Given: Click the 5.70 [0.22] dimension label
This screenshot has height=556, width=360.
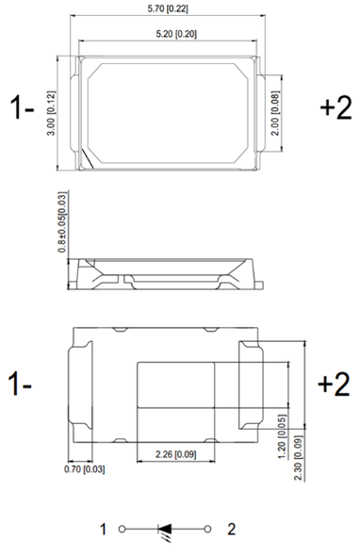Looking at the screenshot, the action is coord(168,8).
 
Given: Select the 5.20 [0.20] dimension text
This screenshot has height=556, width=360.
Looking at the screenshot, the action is coord(176,34).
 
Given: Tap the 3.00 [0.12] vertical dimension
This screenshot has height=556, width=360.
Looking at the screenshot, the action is coord(52,113).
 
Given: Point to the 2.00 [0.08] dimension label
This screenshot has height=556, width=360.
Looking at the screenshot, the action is coord(275,113).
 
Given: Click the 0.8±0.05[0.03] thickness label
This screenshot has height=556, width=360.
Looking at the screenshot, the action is coord(62,222).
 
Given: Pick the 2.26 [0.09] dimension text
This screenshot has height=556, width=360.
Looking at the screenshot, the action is coord(176,454).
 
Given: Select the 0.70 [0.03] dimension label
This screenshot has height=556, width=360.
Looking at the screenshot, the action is coord(85,469).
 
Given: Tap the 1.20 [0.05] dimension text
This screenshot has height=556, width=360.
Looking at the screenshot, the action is coord(282,436).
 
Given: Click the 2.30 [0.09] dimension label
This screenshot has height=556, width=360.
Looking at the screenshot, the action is coord(299,458).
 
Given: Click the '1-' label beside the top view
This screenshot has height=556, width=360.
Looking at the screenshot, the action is coord(22,107).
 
